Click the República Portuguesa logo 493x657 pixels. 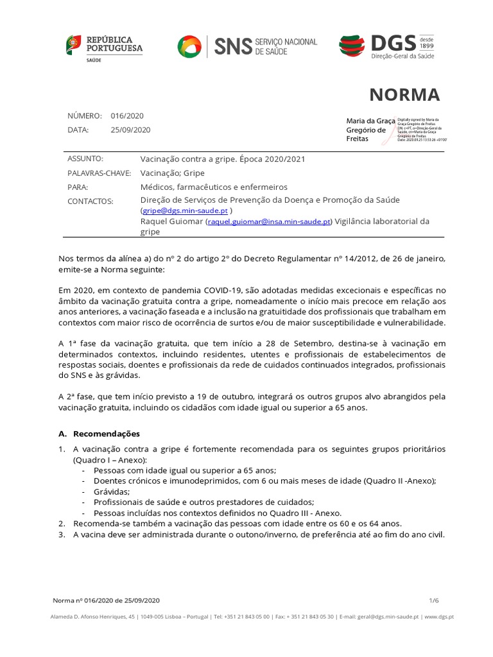pos(105,48)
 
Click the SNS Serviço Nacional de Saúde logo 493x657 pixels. pos(247,47)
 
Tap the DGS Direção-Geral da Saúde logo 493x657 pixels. pos(386,47)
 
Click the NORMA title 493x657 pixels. pos(404,95)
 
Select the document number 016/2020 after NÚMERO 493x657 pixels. pos(127,116)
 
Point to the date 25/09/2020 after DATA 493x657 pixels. pos(130,130)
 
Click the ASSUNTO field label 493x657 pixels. pos(85,158)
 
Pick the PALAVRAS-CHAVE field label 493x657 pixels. pos(99,173)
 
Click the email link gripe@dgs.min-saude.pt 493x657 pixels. pos(185,210)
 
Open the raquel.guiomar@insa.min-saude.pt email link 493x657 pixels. pos(269,221)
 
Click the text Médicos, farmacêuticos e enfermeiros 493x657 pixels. pos(214,187)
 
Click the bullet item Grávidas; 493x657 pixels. pos(112,491)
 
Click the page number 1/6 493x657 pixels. pos(435,600)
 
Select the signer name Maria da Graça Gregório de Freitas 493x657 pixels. pos(371,130)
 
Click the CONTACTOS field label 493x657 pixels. pos(90,201)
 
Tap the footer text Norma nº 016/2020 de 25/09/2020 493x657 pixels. pos(106,601)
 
